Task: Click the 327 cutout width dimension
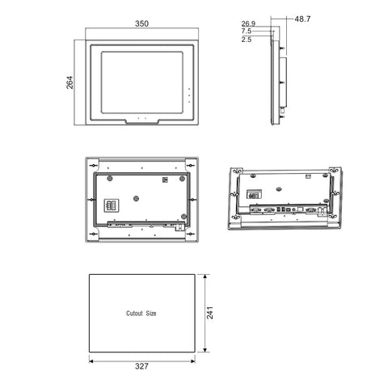[141, 365]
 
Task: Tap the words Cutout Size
[141, 312]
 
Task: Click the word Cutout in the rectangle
[134, 312]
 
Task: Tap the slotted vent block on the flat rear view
[112, 204]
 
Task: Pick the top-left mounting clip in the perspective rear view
[237, 172]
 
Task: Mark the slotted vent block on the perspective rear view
[255, 194]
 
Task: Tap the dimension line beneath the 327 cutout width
[141, 356]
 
